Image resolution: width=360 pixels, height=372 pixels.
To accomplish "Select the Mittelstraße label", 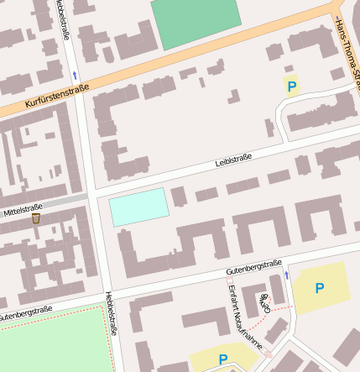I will [x=23, y=207].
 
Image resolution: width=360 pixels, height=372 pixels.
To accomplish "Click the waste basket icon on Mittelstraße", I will [x=36, y=218].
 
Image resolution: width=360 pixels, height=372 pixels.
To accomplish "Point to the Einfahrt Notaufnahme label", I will [x=245, y=317].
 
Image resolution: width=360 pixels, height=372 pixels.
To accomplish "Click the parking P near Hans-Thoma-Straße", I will [x=292, y=86].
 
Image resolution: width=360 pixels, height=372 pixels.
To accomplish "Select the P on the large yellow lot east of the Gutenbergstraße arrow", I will [x=319, y=288].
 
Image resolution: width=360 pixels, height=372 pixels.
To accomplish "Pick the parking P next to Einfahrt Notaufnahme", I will [x=223, y=359].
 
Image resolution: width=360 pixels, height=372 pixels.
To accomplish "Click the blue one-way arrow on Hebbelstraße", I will [x=74, y=75].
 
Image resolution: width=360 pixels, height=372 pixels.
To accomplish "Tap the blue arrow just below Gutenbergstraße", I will [x=286, y=275].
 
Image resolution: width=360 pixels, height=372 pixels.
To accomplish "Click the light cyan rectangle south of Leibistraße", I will [x=138, y=207].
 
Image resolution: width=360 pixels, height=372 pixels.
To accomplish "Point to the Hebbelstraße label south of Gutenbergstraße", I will [x=111, y=313].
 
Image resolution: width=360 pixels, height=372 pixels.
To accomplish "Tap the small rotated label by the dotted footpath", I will [x=266, y=303].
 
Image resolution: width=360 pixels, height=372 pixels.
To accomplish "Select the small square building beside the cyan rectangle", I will [x=179, y=196].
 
